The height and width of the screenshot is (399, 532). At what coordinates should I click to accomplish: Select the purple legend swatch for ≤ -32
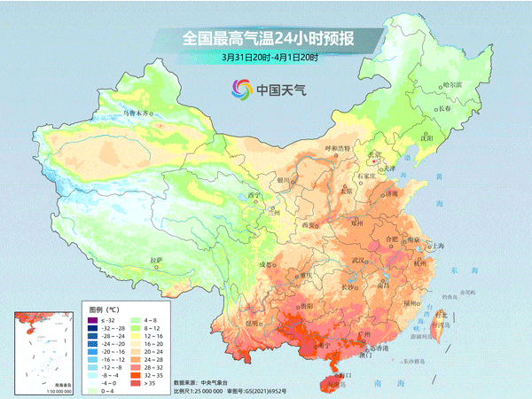[93, 319]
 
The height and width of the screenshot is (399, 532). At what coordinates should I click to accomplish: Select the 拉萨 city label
[157, 260]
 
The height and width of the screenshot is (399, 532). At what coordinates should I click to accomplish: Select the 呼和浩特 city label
[337, 146]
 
